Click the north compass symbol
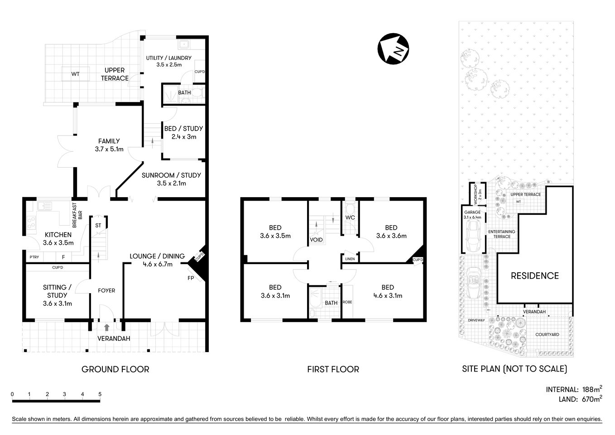[x=393, y=49]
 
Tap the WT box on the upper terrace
[x=75, y=74]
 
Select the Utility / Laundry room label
[x=168, y=61]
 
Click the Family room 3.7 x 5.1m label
[x=109, y=145]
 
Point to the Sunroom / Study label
[x=171, y=179]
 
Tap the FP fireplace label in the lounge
[x=191, y=278]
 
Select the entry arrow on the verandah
[x=106, y=327]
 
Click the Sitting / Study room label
[x=57, y=295]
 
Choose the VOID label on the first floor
[x=316, y=239]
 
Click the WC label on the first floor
[x=350, y=217]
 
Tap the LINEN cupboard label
[x=350, y=259]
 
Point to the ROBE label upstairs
[x=347, y=302]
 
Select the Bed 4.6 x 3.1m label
[x=388, y=291]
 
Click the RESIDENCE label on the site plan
[x=534, y=275]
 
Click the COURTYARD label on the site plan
[x=547, y=334]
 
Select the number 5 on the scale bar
[x=100, y=394]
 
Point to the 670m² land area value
[x=591, y=399]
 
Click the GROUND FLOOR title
[x=115, y=369]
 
